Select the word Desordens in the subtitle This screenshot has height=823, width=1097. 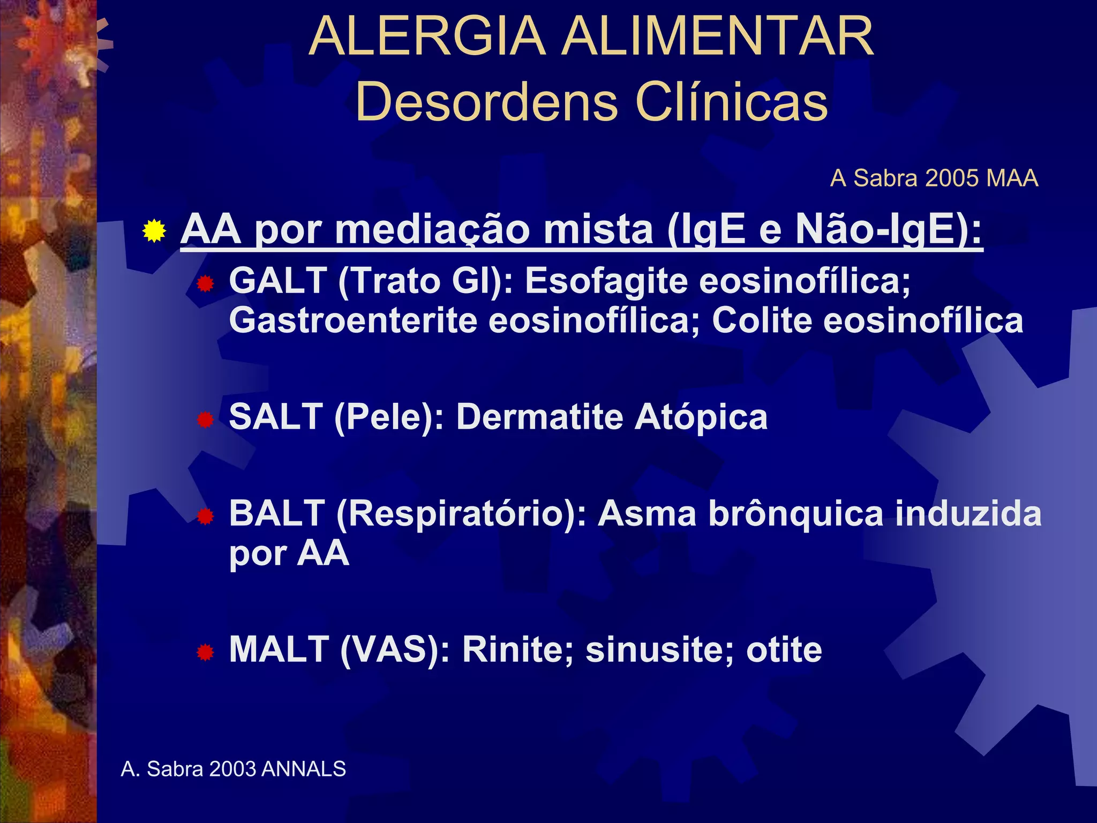[486, 102]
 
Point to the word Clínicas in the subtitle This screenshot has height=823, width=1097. [732, 102]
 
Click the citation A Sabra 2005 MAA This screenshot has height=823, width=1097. [934, 178]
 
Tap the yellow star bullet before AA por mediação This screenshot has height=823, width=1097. [154, 231]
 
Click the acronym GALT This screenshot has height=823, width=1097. [278, 280]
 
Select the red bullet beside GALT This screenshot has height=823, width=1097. [205, 284]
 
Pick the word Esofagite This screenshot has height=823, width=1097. [606, 281]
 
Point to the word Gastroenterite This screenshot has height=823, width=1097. [353, 320]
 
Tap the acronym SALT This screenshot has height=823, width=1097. [276, 417]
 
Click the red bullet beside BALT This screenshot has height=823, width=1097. [205, 517]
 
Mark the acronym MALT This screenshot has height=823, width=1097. [279, 649]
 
